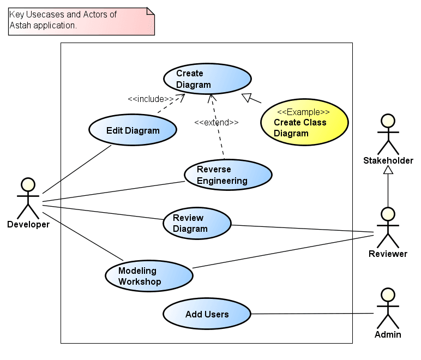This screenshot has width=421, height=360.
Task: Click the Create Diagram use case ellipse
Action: point(207,79)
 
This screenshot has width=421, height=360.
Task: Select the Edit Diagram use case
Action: point(133,130)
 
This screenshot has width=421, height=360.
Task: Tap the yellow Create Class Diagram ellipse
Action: point(304,122)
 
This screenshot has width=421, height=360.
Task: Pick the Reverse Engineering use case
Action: point(227,175)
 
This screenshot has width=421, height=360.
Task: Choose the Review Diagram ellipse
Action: point(197,223)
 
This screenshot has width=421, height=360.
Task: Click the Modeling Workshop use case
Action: point(148,276)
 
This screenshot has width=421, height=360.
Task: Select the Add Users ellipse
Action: point(207,314)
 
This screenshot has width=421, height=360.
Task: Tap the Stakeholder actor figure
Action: point(388,134)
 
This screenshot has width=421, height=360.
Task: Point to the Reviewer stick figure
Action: point(388,227)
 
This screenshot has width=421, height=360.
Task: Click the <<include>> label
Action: point(151,99)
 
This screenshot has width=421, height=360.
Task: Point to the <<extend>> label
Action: point(216,122)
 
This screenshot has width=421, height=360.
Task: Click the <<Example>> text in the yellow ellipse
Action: point(303,112)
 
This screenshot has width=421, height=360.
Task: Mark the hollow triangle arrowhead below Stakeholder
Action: point(388,170)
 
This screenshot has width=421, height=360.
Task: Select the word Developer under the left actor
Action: point(28,224)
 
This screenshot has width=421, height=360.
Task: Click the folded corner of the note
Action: point(151,11)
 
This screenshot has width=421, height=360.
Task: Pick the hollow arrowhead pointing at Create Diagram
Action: point(247,98)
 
